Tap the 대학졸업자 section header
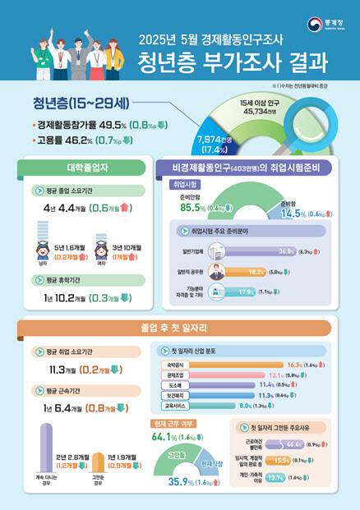(x=76, y=168)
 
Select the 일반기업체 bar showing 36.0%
(x=256, y=251)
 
